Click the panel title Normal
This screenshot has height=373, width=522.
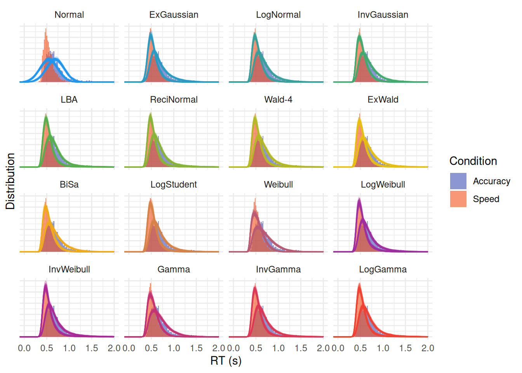point(69,15)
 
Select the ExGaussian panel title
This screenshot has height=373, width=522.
point(174,15)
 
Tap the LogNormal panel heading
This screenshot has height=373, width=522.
point(278,15)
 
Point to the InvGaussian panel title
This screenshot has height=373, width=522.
point(383,15)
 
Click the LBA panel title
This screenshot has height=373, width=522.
point(69,99)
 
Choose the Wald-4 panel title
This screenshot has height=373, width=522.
point(278,99)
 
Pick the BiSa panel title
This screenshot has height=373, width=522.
point(69,185)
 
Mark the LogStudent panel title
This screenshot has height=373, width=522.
point(174,185)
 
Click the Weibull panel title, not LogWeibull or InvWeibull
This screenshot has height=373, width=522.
point(278,185)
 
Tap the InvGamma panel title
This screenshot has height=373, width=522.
point(278,269)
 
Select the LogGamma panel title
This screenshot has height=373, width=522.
point(383,269)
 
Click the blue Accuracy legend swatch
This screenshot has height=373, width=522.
point(458,181)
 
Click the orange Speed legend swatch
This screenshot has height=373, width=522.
point(458,199)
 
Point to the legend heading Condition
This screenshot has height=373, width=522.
point(473,161)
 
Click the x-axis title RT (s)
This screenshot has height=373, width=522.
point(226,361)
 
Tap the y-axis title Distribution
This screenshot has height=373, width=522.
point(10,181)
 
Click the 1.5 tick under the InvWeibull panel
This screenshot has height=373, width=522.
point(92,348)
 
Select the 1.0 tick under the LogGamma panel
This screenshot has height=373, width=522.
point(383,348)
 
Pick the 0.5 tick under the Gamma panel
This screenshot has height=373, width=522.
point(151,348)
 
